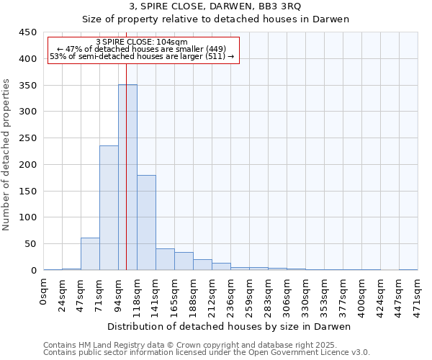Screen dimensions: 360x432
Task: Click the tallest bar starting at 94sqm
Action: point(127,177)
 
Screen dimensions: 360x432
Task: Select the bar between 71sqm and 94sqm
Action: point(109,207)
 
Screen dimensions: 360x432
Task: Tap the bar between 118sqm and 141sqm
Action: point(146,222)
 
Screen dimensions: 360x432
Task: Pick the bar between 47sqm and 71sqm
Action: point(90,254)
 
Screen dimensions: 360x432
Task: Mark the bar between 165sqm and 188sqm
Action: point(184,261)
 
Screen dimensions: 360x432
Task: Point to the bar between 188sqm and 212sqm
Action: point(202,265)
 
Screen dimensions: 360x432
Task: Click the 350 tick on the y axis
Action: point(27,85)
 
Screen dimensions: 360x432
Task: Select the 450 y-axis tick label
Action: point(27,32)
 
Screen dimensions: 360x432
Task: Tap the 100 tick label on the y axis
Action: point(27,217)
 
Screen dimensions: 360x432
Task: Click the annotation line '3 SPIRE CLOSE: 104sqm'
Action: point(141,42)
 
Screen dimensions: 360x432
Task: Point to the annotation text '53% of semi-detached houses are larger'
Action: point(141,56)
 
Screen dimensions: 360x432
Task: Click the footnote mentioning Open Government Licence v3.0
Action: point(207,352)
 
